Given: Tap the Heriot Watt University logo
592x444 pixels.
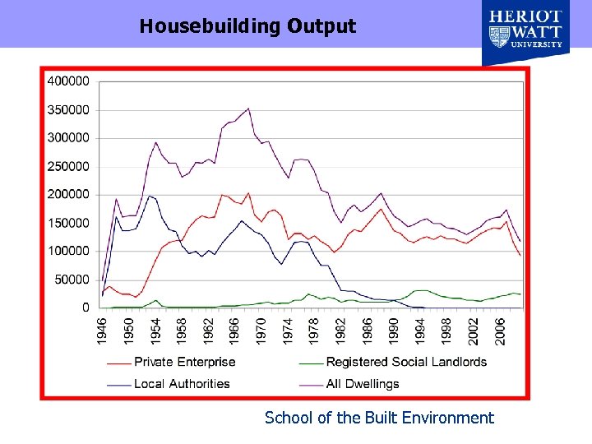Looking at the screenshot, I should coord(525,33).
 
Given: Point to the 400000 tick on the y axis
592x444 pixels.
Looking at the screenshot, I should coord(69,81).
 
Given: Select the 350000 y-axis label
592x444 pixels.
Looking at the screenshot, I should coord(69,109).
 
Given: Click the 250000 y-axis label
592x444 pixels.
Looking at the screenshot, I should coord(69,166).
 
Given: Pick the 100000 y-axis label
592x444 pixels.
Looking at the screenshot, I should coord(69,251).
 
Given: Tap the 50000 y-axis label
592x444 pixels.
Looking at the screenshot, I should coord(72,280).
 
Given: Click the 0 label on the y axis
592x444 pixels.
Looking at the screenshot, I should coord(86,308).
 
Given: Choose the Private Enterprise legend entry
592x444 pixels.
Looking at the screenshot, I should coord(184,362).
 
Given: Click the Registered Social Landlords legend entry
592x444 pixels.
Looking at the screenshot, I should coord(406,362).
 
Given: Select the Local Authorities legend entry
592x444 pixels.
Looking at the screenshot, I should coord(182,383).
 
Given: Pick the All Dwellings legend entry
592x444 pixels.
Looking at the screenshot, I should coord(362,383).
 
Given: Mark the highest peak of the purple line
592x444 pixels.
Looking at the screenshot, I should coord(248,108).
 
